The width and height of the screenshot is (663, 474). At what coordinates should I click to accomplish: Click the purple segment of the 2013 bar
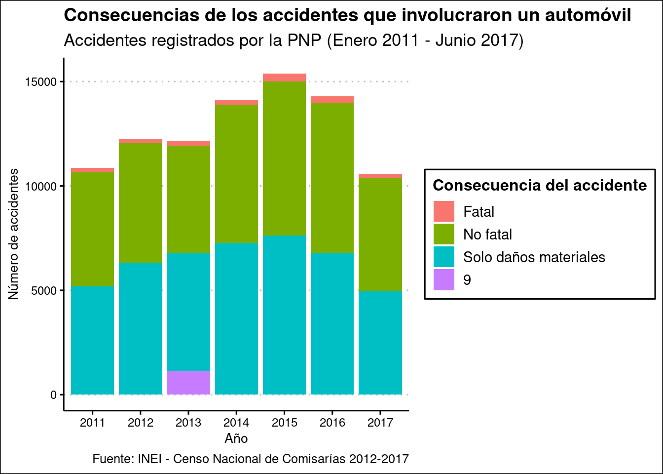[188, 383]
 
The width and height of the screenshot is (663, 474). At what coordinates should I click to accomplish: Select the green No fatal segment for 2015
[284, 158]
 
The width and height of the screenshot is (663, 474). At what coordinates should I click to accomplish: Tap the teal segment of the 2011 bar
[93, 341]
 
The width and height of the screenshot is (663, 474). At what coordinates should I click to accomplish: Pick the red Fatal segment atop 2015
[284, 78]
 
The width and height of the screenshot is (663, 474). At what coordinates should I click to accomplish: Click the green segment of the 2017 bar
[380, 234]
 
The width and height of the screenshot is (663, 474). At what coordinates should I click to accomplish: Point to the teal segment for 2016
[332, 323]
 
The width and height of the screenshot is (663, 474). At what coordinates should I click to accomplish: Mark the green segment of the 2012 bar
[141, 202]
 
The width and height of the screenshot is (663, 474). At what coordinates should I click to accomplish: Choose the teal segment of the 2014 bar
[236, 318]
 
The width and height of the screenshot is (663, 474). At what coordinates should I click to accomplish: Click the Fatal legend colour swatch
[444, 211]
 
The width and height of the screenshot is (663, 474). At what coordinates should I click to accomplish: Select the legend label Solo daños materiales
[534, 257]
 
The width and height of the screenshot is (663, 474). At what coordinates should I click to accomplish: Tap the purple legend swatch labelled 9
[444, 280]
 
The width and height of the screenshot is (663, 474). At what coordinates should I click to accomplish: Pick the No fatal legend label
[487, 235]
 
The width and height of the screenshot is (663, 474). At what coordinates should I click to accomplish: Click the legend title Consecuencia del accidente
[540, 185]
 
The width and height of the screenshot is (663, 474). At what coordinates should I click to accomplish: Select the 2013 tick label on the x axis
[188, 423]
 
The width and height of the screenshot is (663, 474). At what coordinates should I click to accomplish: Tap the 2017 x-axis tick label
[380, 423]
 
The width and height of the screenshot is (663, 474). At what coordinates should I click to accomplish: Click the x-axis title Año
[236, 438]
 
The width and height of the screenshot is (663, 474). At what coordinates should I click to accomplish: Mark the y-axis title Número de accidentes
[14, 234]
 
